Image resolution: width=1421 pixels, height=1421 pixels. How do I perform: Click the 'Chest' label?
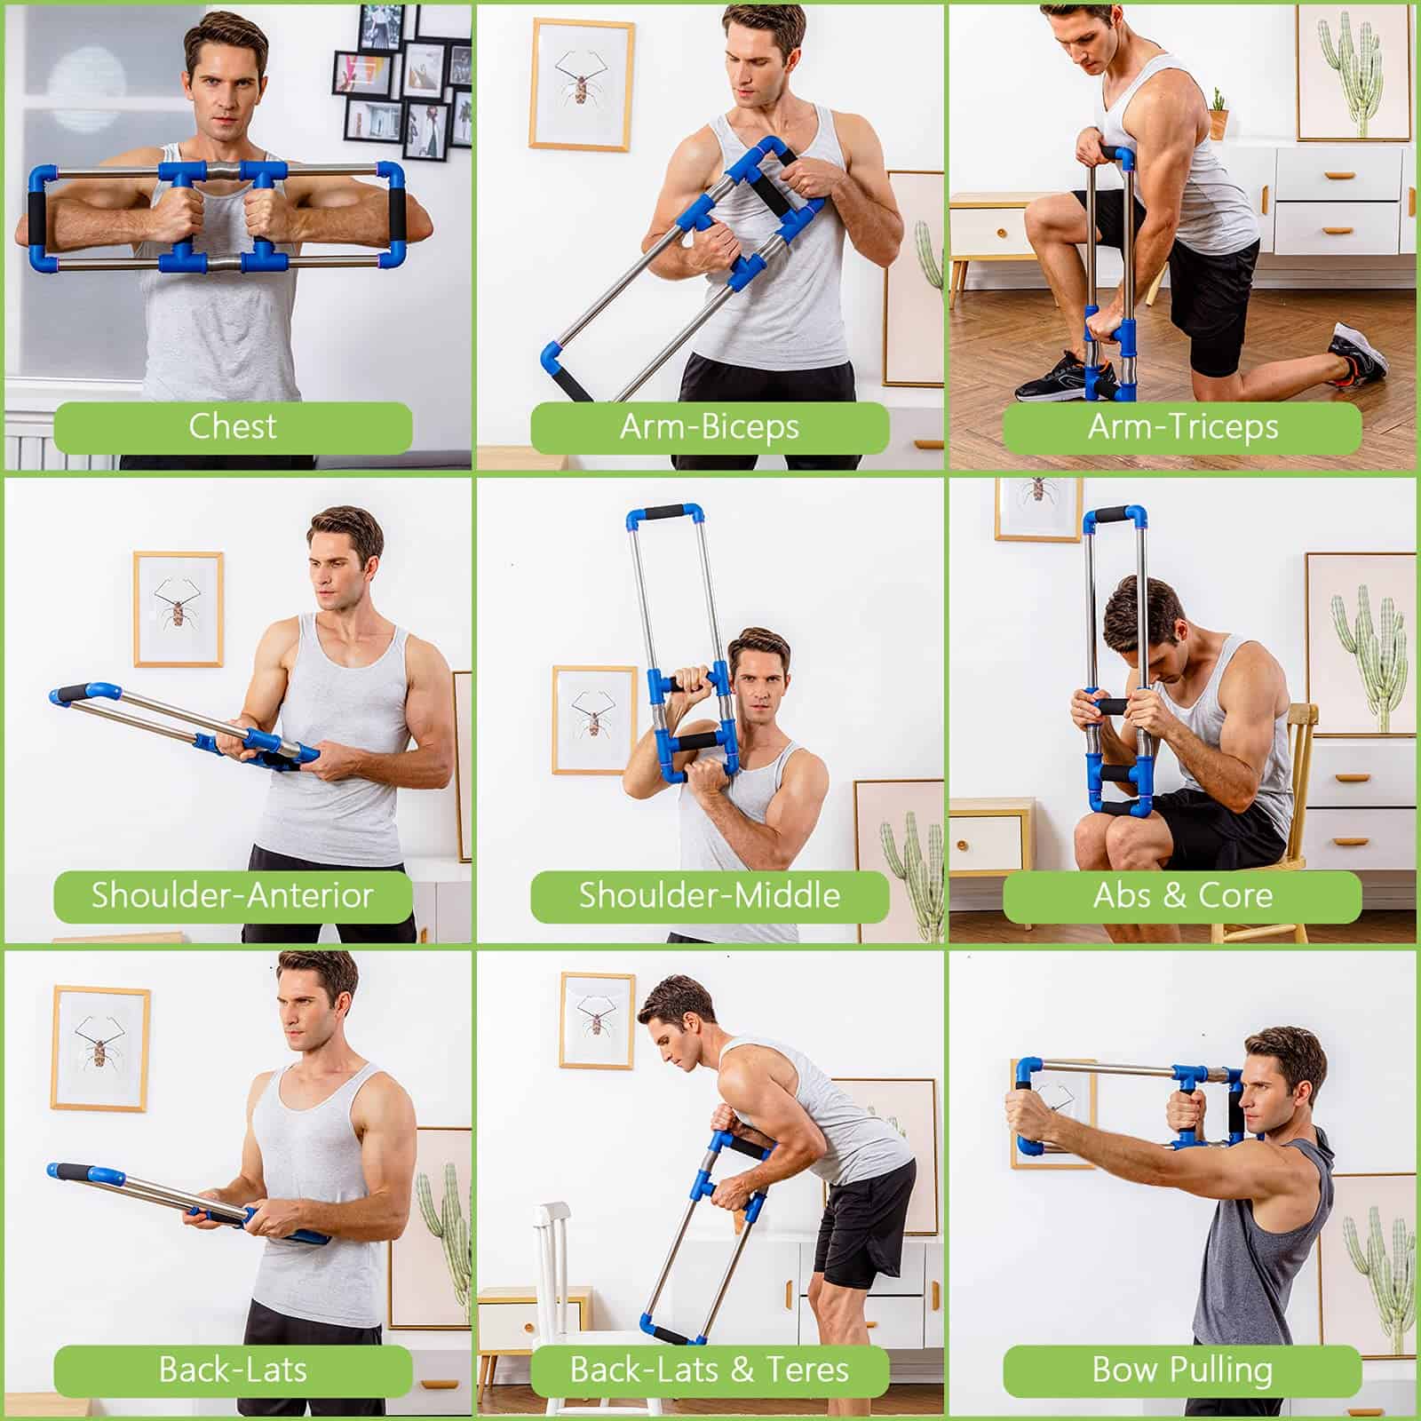point(233,426)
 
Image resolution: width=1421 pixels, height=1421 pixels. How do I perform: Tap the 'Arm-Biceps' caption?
point(710,427)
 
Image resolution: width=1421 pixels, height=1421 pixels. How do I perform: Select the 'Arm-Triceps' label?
point(1183,427)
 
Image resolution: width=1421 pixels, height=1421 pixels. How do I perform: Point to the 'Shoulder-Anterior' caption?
point(233,894)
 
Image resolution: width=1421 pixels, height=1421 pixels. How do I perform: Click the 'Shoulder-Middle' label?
point(710,894)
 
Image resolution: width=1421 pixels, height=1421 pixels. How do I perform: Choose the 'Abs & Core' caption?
point(1183,894)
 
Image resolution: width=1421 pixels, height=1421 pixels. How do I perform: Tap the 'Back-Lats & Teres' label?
point(710,1369)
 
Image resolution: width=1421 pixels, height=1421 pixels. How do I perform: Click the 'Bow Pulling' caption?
point(1183,1369)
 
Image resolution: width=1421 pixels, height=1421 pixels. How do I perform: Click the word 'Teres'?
point(807,1369)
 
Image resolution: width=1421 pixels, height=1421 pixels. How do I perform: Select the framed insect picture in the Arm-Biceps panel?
point(582,84)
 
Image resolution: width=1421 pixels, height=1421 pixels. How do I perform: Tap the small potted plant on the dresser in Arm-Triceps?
point(1219,113)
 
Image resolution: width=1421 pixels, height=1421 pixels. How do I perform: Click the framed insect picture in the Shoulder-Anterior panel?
point(179,609)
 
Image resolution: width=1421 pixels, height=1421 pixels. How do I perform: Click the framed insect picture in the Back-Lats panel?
point(100,1048)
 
